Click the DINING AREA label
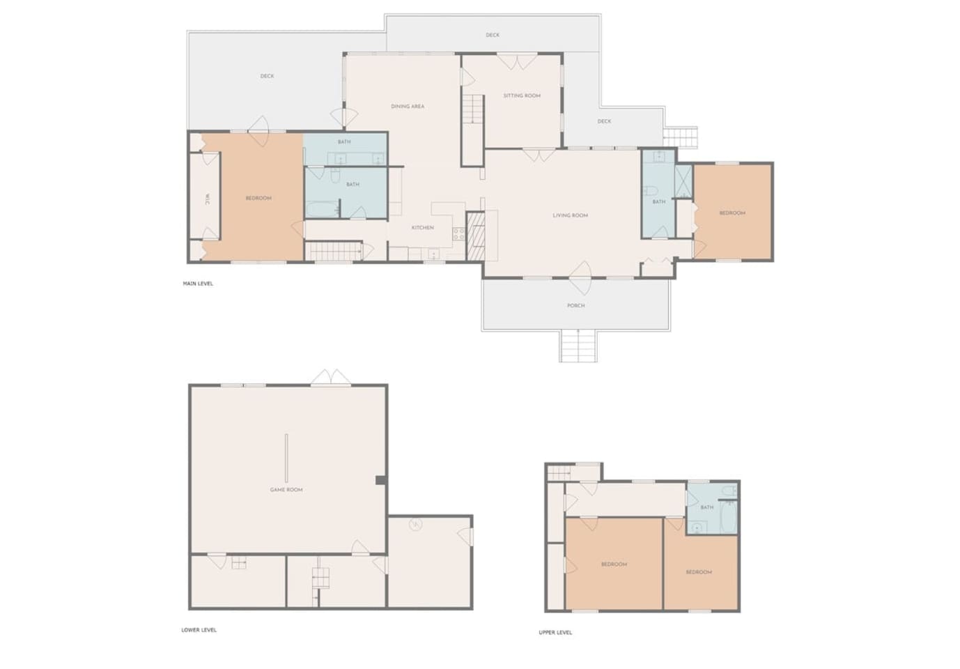[x=408, y=107]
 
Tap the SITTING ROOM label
[x=522, y=95]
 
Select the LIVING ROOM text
[x=570, y=215]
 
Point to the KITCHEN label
[x=423, y=228]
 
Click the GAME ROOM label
[x=286, y=489]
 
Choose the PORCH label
[x=576, y=305]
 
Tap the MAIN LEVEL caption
[x=198, y=284]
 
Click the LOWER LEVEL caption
[x=199, y=630]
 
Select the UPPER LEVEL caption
[x=555, y=632]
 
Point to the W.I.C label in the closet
[x=207, y=199]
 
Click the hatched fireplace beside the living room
[x=475, y=236]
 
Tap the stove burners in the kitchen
[x=459, y=233]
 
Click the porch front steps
[x=578, y=346]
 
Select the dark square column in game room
[x=380, y=480]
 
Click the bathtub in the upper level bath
[x=729, y=517]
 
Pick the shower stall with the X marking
[x=683, y=181]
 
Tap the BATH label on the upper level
[x=706, y=507]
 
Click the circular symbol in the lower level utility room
[x=415, y=524]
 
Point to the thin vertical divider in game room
[x=286, y=458]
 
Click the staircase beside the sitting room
[x=473, y=109]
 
